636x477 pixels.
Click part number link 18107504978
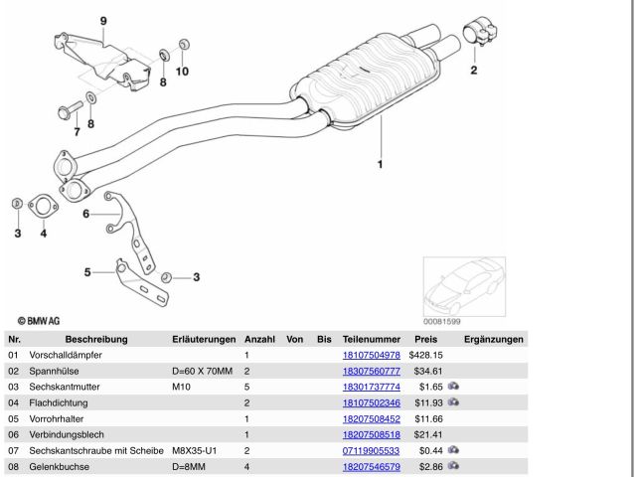[371, 355]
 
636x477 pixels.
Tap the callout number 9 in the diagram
[103, 21]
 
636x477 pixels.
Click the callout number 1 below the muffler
[379, 162]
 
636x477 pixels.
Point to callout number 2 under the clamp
[473, 70]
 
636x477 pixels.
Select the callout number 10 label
[182, 72]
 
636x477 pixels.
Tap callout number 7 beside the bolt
[77, 130]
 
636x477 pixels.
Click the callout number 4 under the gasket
[43, 234]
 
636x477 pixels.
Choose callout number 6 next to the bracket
[86, 213]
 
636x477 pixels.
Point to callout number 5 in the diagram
[87, 271]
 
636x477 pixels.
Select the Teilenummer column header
[370, 339]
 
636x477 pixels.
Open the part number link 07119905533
[371, 450]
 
